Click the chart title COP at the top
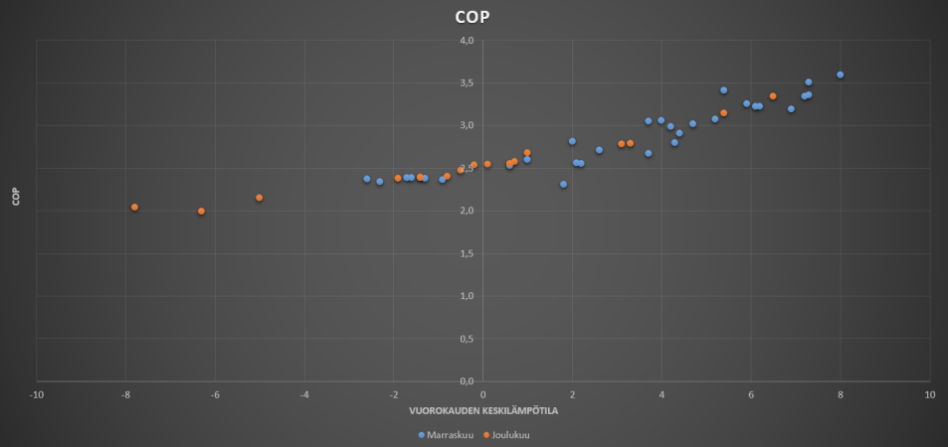pos(474,17)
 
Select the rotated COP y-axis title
pos(15,198)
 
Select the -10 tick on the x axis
pos(36,394)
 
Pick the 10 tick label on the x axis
pos(929,394)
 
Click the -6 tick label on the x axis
pos(215,394)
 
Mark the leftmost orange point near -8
pos(134,207)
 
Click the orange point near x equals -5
pos(259,198)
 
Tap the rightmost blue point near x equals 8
pos(840,74)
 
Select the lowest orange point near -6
pos(201,211)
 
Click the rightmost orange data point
pos(773,96)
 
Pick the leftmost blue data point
pos(366,179)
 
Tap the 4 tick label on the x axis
pos(662,394)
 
